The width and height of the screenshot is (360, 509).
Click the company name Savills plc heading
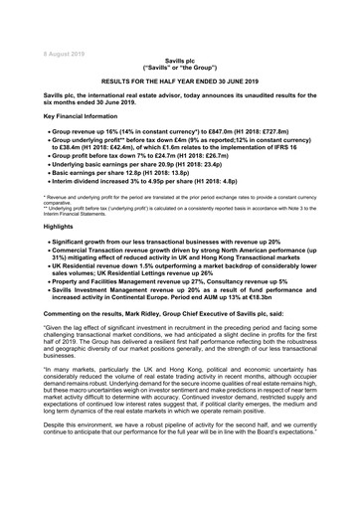[x=180, y=61]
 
